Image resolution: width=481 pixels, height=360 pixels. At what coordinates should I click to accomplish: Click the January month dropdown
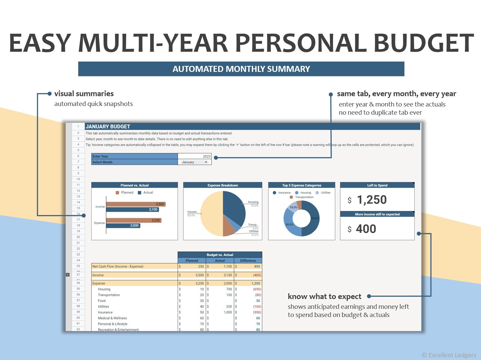click(194, 162)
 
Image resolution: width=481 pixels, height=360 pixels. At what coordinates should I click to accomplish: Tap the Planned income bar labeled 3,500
click(136, 204)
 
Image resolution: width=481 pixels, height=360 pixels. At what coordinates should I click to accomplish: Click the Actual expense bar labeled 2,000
click(123, 225)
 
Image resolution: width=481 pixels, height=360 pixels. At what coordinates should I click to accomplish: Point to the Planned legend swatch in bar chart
click(117, 193)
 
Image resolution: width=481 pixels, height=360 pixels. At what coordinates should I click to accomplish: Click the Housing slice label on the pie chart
click(253, 202)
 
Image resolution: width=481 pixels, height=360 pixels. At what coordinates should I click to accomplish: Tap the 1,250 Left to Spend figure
click(371, 200)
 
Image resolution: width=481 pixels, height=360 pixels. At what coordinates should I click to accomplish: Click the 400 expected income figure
click(366, 229)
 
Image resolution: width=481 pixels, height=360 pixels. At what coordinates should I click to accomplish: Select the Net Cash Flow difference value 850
click(257, 267)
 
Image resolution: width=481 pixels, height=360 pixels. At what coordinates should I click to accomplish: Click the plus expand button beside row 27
click(68, 275)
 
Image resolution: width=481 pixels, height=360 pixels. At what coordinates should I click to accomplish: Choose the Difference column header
click(248, 261)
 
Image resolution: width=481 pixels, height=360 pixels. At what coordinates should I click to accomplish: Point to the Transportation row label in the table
click(109, 295)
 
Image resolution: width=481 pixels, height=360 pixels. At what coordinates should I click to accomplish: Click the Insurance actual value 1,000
click(228, 312)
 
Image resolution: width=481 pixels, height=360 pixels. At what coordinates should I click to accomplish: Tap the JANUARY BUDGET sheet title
click(108, 127)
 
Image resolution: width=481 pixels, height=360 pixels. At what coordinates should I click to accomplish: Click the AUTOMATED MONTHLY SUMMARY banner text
click(241, 69)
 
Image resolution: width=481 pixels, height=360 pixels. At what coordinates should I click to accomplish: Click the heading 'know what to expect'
click(324, 296)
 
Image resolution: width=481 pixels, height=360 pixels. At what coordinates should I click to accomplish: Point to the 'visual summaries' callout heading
click(84, 94)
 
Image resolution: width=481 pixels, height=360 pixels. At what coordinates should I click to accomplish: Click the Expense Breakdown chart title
click(223, 185)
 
